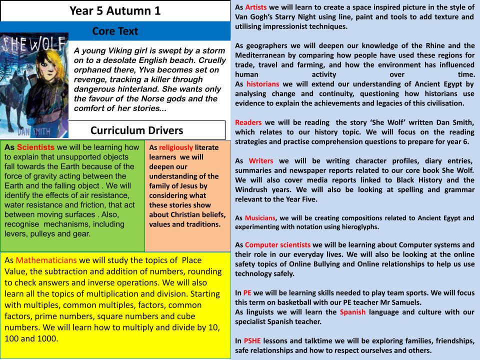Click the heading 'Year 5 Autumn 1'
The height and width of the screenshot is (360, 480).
115,10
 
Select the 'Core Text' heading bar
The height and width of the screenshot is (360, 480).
115,31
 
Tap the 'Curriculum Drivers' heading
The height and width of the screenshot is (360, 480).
136,130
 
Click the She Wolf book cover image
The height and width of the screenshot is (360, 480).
34,85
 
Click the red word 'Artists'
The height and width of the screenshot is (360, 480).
255,8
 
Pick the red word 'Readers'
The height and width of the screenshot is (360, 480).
248,122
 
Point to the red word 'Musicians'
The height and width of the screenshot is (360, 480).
261,218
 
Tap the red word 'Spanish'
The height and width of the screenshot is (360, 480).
352,312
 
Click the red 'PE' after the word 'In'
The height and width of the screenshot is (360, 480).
247,293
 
